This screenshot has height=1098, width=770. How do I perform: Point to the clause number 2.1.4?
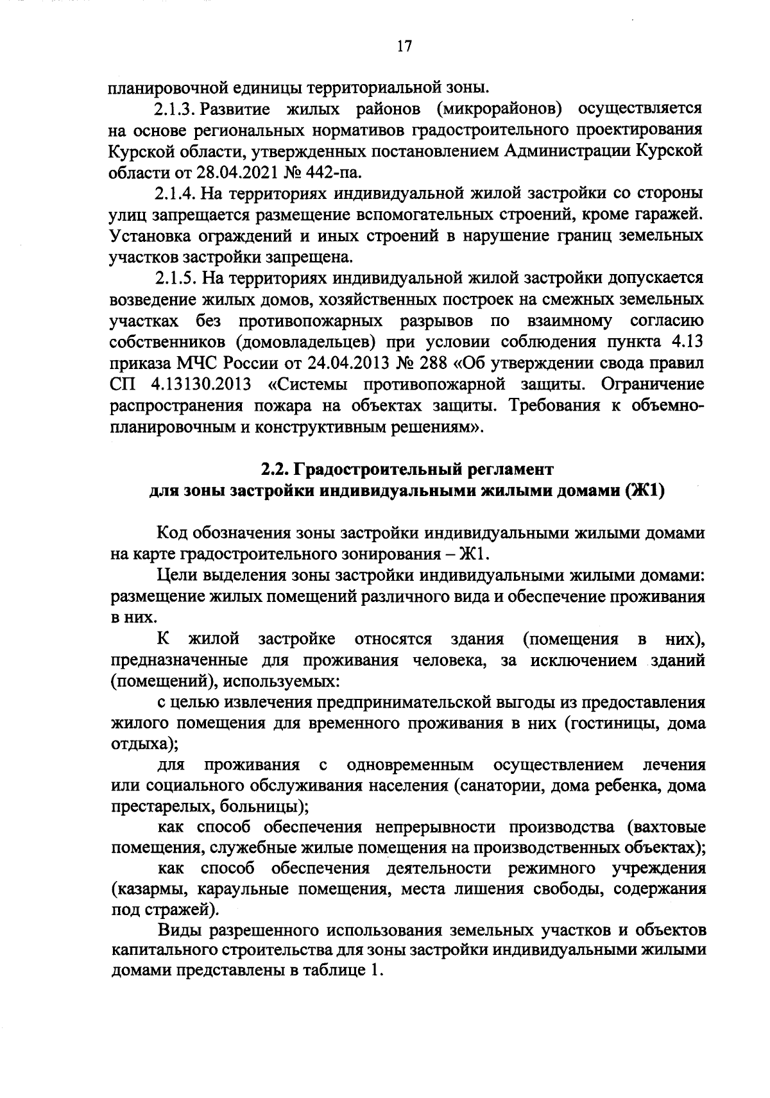[x=175, y=193]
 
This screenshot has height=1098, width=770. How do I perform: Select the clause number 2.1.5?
[x=175, y=278]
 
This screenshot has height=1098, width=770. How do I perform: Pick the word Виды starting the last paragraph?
[x=175, y=931]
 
